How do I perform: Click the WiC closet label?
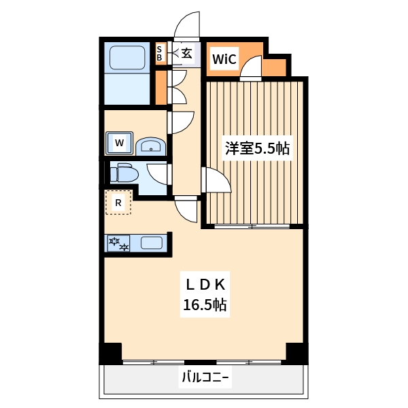click(224, 59)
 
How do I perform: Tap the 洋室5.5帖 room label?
click(258, 148)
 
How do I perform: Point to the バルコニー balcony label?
click(205, 378)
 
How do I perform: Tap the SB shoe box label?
click(160, 53)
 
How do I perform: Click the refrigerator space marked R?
click(118, 203)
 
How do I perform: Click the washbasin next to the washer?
click(150, 145)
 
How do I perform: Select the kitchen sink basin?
click(151, 243)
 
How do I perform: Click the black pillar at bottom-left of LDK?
click(111, 354)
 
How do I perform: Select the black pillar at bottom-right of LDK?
click(297, 354)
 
